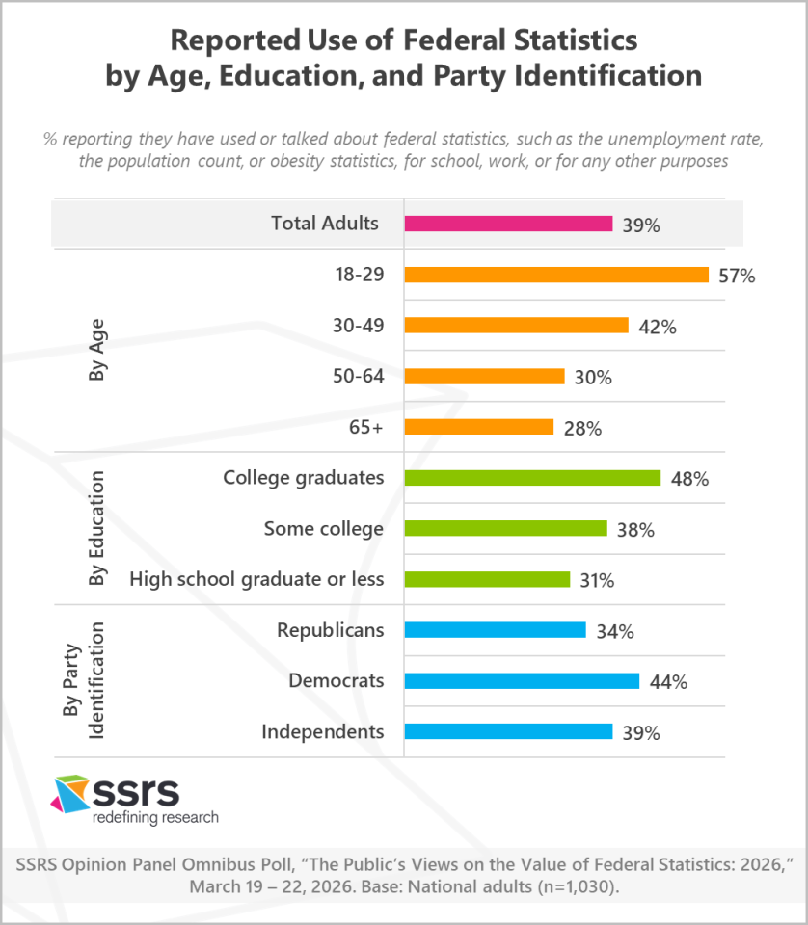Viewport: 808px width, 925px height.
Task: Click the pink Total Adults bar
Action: point(508,224)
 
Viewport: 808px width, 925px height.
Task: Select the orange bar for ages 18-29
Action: point(556,275)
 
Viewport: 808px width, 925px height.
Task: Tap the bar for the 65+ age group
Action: point(479,427)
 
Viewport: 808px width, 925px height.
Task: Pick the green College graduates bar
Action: point(532,478)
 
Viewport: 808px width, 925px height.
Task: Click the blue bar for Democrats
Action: point(522,681)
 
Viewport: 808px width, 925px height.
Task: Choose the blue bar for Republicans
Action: point(495,630)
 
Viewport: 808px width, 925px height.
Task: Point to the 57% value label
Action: point(737,276)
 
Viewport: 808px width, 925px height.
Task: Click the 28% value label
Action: point(581,429)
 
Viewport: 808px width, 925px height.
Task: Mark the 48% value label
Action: point(688,479)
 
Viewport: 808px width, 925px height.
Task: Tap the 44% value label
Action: point(667,682)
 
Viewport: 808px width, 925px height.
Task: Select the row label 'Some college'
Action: point(323,528)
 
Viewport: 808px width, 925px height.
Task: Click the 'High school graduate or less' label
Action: point(256,579)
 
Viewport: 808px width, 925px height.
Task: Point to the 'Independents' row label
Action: point(322,731)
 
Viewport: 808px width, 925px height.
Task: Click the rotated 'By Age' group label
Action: point(96,350)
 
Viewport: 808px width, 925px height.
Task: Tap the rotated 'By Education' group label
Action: point(96,529)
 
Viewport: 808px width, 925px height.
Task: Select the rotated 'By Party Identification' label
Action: point(85,681)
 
